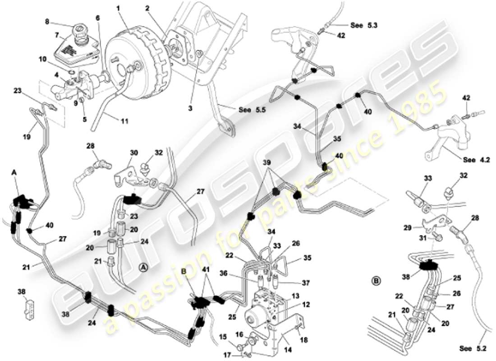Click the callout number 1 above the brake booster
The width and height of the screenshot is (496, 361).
pos(118,8)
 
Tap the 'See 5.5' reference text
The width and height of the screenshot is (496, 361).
pos(246,110)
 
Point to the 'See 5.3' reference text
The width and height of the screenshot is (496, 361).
pos(363,26)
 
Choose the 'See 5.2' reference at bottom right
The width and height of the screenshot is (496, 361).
pos(472,348)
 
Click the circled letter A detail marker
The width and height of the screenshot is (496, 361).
pos(142,267)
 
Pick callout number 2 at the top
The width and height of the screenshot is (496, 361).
pos(147,8)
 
